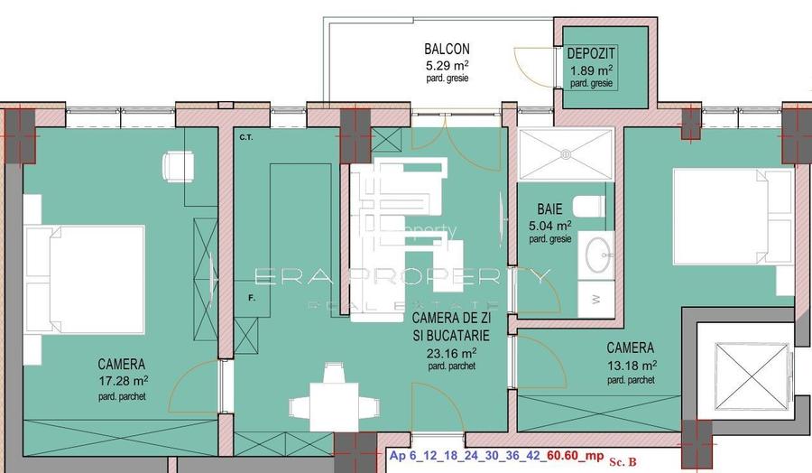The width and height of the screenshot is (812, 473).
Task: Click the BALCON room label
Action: pos(448,49)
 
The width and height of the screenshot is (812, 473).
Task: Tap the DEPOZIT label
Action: pos(592,53)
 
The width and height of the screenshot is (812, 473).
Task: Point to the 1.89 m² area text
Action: pos(592,69)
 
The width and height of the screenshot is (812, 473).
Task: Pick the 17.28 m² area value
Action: pos(122,381)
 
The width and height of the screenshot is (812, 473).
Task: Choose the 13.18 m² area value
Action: pos(631,366)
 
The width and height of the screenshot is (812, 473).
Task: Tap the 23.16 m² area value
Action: pos(450,354)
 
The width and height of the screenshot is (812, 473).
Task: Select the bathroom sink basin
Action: pos(596,255)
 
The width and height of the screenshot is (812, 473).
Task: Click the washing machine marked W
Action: pos(595,295)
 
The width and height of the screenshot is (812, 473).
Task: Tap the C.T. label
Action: pos(245,138)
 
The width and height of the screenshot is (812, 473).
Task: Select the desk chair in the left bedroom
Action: pos(174,166)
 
